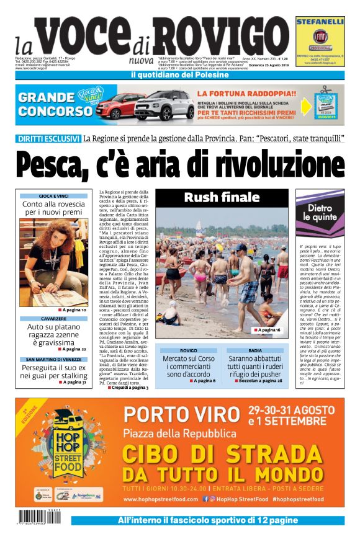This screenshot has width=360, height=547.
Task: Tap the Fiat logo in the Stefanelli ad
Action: coord(320,35)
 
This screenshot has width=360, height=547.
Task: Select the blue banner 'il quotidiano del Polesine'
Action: coord(179,76)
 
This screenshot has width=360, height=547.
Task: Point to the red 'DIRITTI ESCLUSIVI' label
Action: coord(49,138)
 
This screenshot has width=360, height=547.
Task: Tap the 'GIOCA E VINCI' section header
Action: coord(53,196)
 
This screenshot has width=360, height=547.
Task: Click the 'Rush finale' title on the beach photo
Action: coord(222,198)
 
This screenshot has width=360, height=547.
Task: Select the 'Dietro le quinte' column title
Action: coord(320,212)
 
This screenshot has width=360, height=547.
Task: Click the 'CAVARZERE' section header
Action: coord(53,319)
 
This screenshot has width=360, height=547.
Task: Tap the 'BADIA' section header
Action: coord(255,350)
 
